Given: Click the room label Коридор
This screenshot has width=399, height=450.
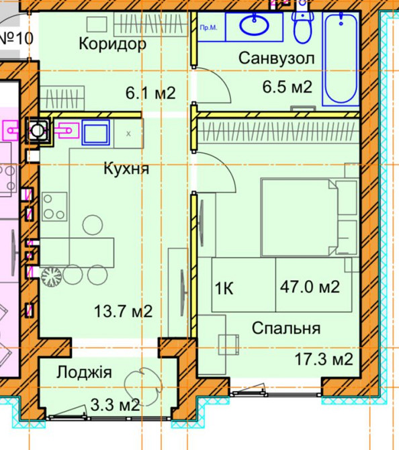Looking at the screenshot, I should pos(112,44).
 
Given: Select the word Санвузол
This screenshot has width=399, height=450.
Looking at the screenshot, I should pos(276,58).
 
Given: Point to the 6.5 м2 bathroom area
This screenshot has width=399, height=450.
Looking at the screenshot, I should pos(286,87).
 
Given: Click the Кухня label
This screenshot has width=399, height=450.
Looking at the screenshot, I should pos(126,169).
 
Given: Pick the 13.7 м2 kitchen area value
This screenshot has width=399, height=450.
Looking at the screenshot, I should pos(124,311).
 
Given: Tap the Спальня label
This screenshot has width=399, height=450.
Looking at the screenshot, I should pos(285,328).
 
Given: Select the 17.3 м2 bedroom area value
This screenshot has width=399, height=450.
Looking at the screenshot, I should pos(323,359).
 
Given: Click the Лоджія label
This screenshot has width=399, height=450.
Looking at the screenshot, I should pos(85,373).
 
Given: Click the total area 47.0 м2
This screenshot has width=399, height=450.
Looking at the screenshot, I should pos(310,287).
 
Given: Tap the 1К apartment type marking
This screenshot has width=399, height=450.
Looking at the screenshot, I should pos(224,289).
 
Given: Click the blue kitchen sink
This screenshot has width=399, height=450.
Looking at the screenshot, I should pos(95,132).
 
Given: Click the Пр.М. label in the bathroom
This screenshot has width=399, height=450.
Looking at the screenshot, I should pos(208,28).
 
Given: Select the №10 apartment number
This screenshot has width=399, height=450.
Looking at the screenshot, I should pos(16,38).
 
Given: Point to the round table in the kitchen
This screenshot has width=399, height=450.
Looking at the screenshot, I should pos(91,224).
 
